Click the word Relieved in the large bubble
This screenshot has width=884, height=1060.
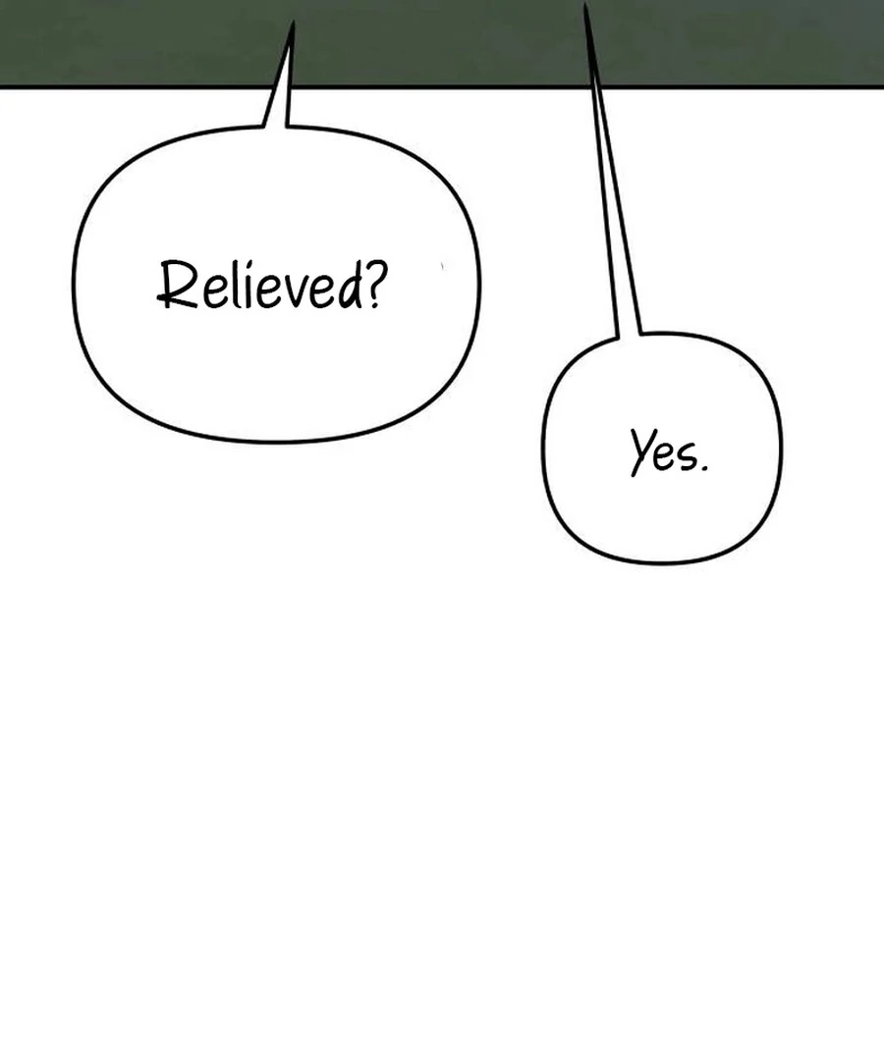260,286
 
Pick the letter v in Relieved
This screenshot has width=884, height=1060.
291,291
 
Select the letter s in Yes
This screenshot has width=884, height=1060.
682,458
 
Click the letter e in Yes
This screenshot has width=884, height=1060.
662,458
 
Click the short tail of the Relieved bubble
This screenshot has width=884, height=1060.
281,88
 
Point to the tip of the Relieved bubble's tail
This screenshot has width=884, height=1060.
292,25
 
